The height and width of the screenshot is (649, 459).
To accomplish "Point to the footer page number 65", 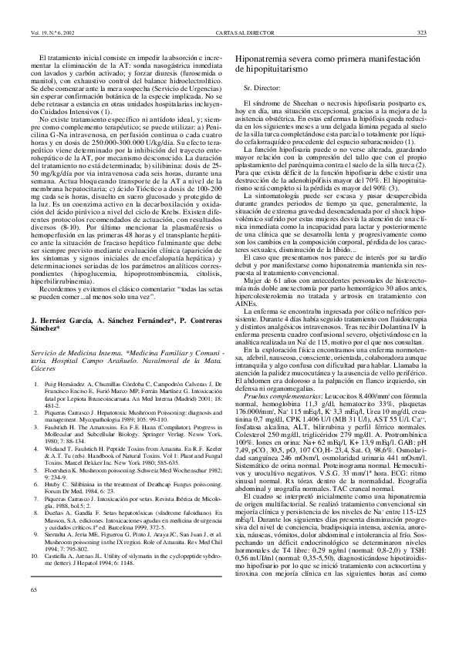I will [x=34, y=633].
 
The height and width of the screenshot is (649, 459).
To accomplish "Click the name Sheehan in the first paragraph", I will [x=295, y=103].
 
